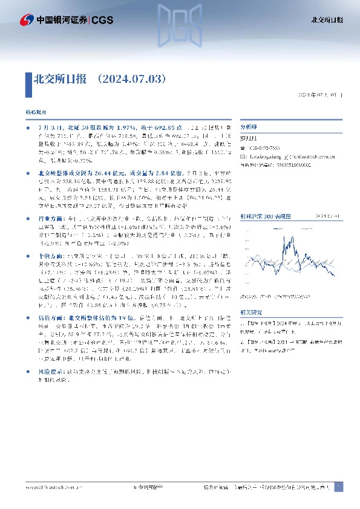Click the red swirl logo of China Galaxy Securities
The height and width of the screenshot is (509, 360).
click(x=27, y=20)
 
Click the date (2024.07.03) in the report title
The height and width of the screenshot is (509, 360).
click(x=129, y=79)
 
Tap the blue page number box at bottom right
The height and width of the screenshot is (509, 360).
click(x=338, y=487)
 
